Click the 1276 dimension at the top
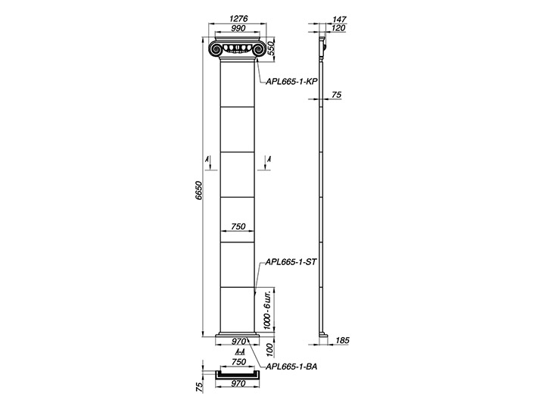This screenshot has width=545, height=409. click(x=238, y=19)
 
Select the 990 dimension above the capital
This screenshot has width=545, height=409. click(x=238, y=29)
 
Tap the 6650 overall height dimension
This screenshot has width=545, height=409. click(x=198, y=190)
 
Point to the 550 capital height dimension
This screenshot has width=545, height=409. click(x=271, y=48)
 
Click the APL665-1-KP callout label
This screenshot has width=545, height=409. click(x=291, y=82)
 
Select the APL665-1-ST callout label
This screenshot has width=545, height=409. click(x=291, y=262)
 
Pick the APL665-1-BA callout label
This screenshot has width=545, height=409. click(x=291, y=367)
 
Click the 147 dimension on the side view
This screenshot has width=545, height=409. click(x=339, y=20)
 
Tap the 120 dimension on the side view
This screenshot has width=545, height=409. click(x=339, y=28)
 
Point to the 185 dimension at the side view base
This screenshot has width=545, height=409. click(x=342, y=340)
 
